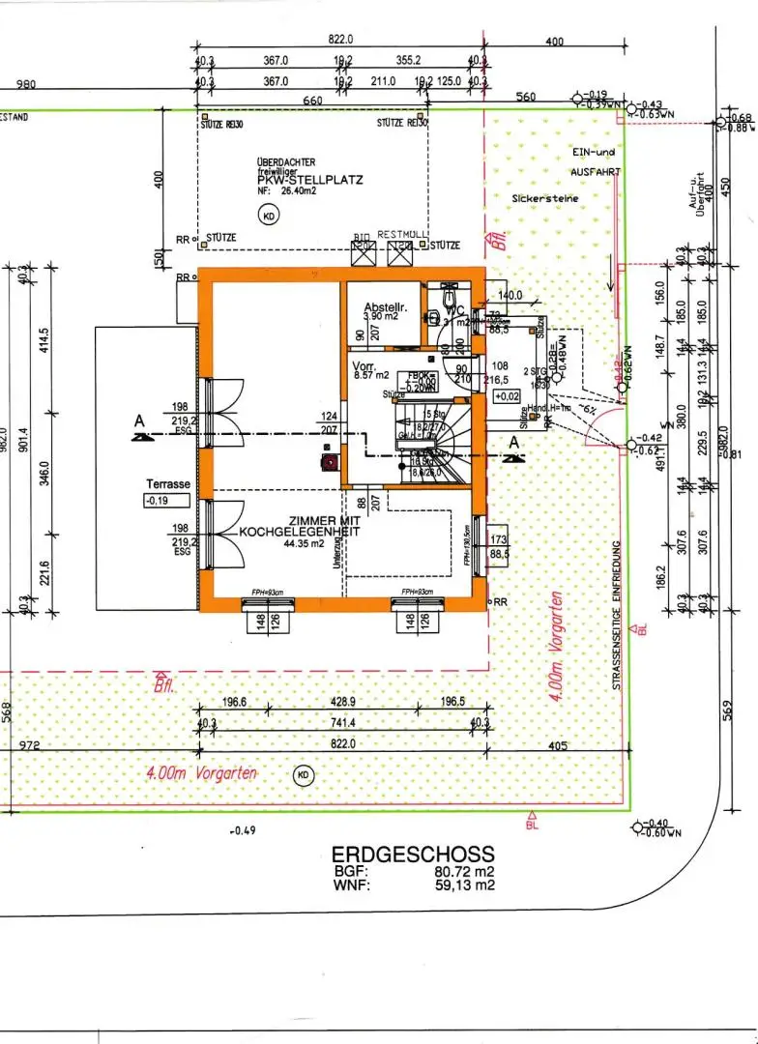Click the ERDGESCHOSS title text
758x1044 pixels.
[x=413, y=855]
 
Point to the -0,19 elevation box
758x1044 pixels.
[x=158, y=501]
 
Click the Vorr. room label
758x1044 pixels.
[x=364, y=366]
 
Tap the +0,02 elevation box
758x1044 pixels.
[x=507, y=396]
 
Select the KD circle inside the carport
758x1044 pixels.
[x=268, y=217]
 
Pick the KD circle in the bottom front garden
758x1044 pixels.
[x=304, y=774]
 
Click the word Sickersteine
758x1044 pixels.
[x=545, y=198]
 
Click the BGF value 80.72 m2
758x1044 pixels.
[x=465, y=870]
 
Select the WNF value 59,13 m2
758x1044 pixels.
[x=465, y=884]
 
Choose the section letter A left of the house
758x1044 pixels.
[x=141, y=420]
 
